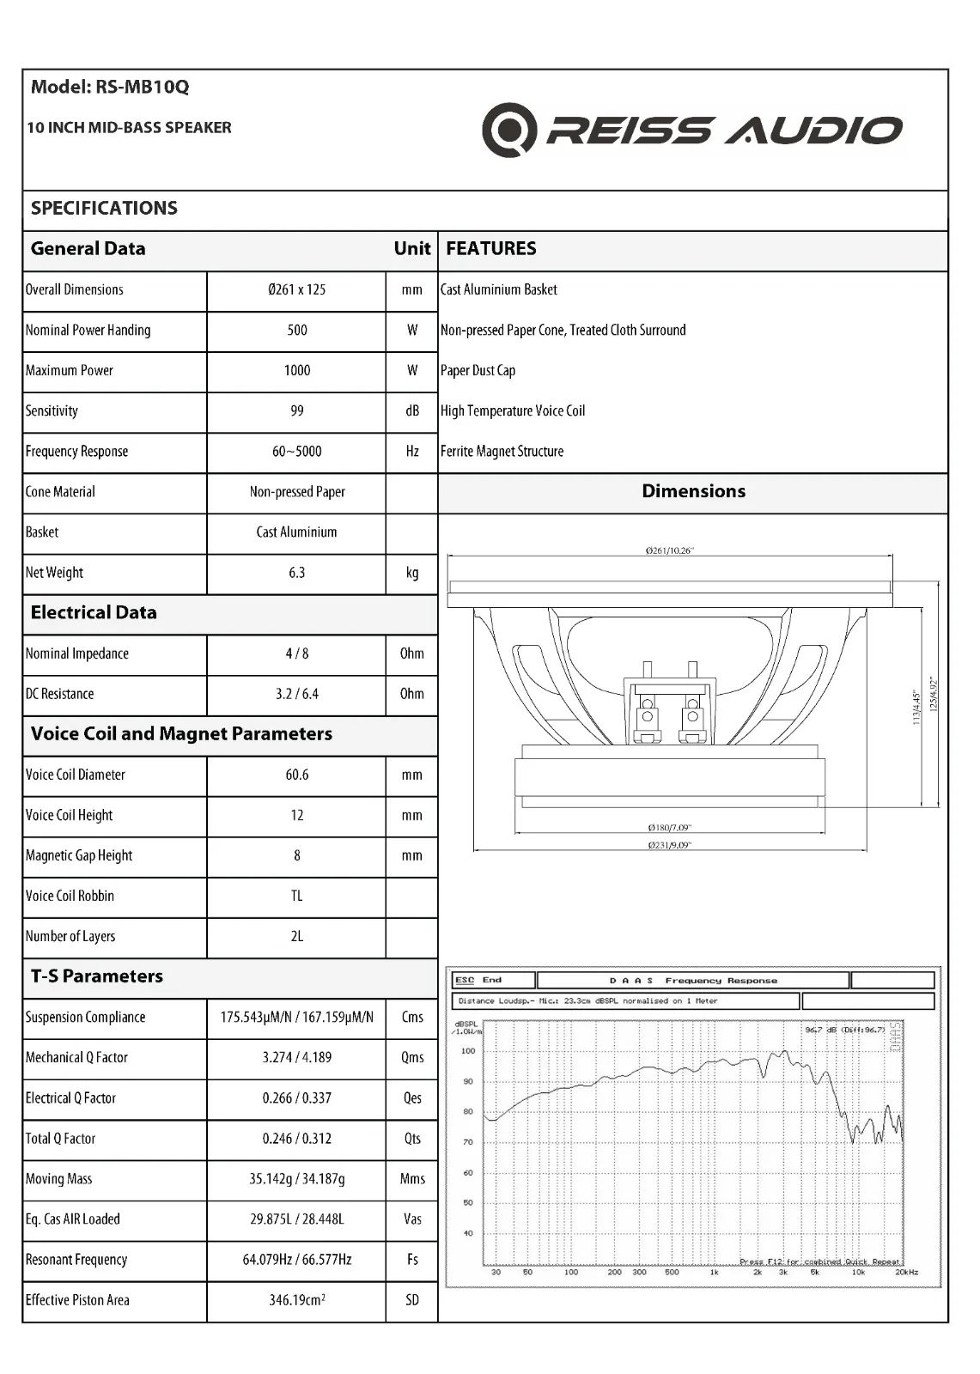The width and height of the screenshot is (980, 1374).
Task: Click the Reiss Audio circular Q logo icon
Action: [509, 130]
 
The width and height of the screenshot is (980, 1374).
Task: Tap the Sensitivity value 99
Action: [297, 411]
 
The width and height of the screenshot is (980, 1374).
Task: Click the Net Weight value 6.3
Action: [297, 573]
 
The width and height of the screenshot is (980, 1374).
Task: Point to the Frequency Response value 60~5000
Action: [297, 452]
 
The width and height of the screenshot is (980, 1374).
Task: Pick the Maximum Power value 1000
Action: [297, 371]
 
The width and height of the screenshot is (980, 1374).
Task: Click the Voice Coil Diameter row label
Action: [76, 775]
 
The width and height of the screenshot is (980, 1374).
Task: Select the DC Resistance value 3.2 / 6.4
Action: [297, 694]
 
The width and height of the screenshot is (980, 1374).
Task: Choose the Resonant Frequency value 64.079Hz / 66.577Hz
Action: [297, 1260]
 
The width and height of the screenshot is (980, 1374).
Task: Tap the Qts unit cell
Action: [412, 1139]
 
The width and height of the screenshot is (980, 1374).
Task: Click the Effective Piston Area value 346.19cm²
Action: [297, 1300]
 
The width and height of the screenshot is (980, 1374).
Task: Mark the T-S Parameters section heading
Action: [97, 976]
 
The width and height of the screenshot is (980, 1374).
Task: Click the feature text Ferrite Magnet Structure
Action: [502, 452]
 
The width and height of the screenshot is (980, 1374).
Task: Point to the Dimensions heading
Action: [694, 491]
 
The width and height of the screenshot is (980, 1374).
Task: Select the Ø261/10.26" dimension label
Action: [669, 550]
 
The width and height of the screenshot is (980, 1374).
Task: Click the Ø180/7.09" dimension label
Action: [669, 828]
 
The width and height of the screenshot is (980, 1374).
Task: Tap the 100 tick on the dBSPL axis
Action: [468, 1051]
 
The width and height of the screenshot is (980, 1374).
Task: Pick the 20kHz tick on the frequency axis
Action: [907, 1272]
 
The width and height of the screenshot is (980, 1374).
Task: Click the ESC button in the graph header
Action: [465, 980]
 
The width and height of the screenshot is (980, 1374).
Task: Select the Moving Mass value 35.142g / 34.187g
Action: [297, 1179]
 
